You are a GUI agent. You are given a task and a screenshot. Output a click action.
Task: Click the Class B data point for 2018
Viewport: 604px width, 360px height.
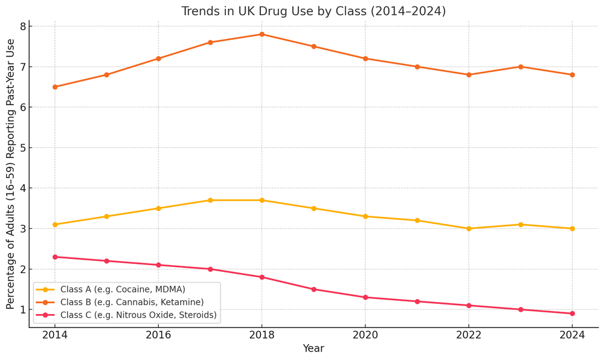point(262,34)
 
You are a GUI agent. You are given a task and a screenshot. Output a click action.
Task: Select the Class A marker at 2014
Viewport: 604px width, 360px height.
point(55,225)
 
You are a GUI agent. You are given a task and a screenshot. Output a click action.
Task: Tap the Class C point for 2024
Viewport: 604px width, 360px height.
point(572,313)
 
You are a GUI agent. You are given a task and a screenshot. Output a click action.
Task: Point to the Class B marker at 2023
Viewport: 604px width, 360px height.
point(521,66)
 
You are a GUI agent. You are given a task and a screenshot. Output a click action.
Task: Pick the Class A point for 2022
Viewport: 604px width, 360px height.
point(469,228)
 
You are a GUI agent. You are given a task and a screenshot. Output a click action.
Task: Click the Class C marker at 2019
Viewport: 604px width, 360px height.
point(313,289)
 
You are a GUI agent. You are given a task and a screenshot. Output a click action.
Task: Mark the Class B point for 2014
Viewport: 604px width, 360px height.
point(55,87)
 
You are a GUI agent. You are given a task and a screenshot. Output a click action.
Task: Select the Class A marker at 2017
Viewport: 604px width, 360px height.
point(210,200)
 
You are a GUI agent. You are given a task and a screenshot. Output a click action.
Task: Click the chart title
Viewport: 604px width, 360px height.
point(313,11)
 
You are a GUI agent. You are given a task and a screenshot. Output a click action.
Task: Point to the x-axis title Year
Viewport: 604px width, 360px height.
point(313,349)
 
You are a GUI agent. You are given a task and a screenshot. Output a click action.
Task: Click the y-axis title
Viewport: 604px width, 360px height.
point(11,174)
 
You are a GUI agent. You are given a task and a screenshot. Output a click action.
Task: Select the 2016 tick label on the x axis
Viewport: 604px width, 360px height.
point(158,335)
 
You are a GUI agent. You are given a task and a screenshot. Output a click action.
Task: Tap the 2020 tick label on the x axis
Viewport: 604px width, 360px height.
point(365,335)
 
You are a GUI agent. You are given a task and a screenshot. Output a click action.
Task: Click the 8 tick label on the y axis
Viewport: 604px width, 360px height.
point(22,27)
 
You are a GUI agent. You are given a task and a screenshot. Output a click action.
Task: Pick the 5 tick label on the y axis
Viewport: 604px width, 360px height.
point(22,148)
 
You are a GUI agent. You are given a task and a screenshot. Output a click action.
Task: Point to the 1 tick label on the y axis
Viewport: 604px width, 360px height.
point(22,310)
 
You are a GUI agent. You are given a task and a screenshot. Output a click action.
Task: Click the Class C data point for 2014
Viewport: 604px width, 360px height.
point(55,257)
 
